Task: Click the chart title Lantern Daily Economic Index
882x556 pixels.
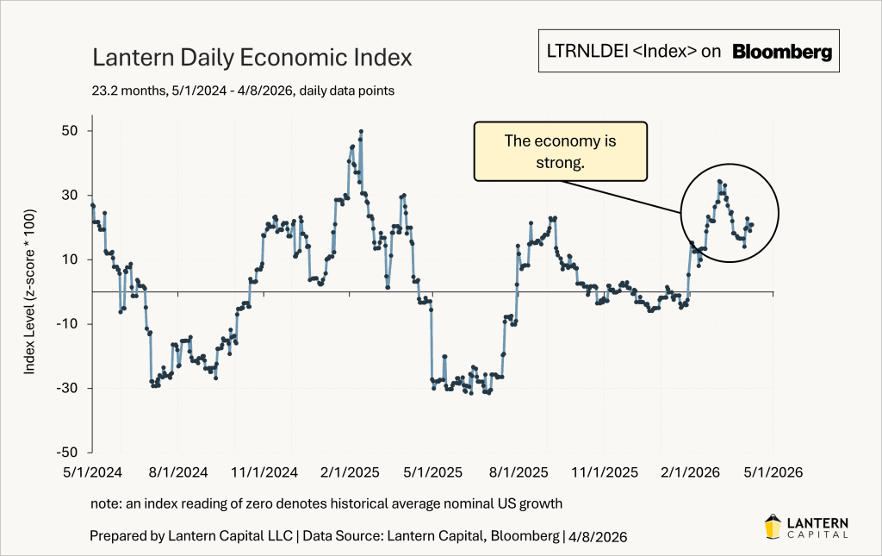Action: pos(252,59)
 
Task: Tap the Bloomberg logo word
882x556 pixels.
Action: pos(782,52)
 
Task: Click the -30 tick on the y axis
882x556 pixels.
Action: pos(69,388)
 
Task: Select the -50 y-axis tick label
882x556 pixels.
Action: pos(69,453)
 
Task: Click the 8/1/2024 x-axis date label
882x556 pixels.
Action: pos(178,472)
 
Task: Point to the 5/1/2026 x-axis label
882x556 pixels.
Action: pos(773,472)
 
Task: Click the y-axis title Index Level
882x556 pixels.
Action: pos(29,291)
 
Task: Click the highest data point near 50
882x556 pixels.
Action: pos(361,132)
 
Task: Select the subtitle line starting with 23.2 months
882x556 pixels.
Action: pos(242,90)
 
